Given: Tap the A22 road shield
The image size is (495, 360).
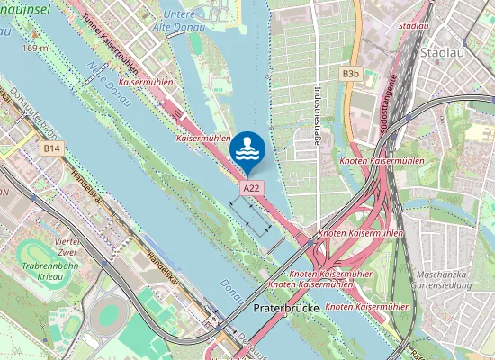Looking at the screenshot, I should [252, 187].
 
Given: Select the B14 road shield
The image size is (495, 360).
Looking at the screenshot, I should [51, 148].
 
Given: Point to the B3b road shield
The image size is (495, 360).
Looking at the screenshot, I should [350, 72].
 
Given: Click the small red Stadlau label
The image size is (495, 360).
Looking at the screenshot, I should [412, 27].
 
